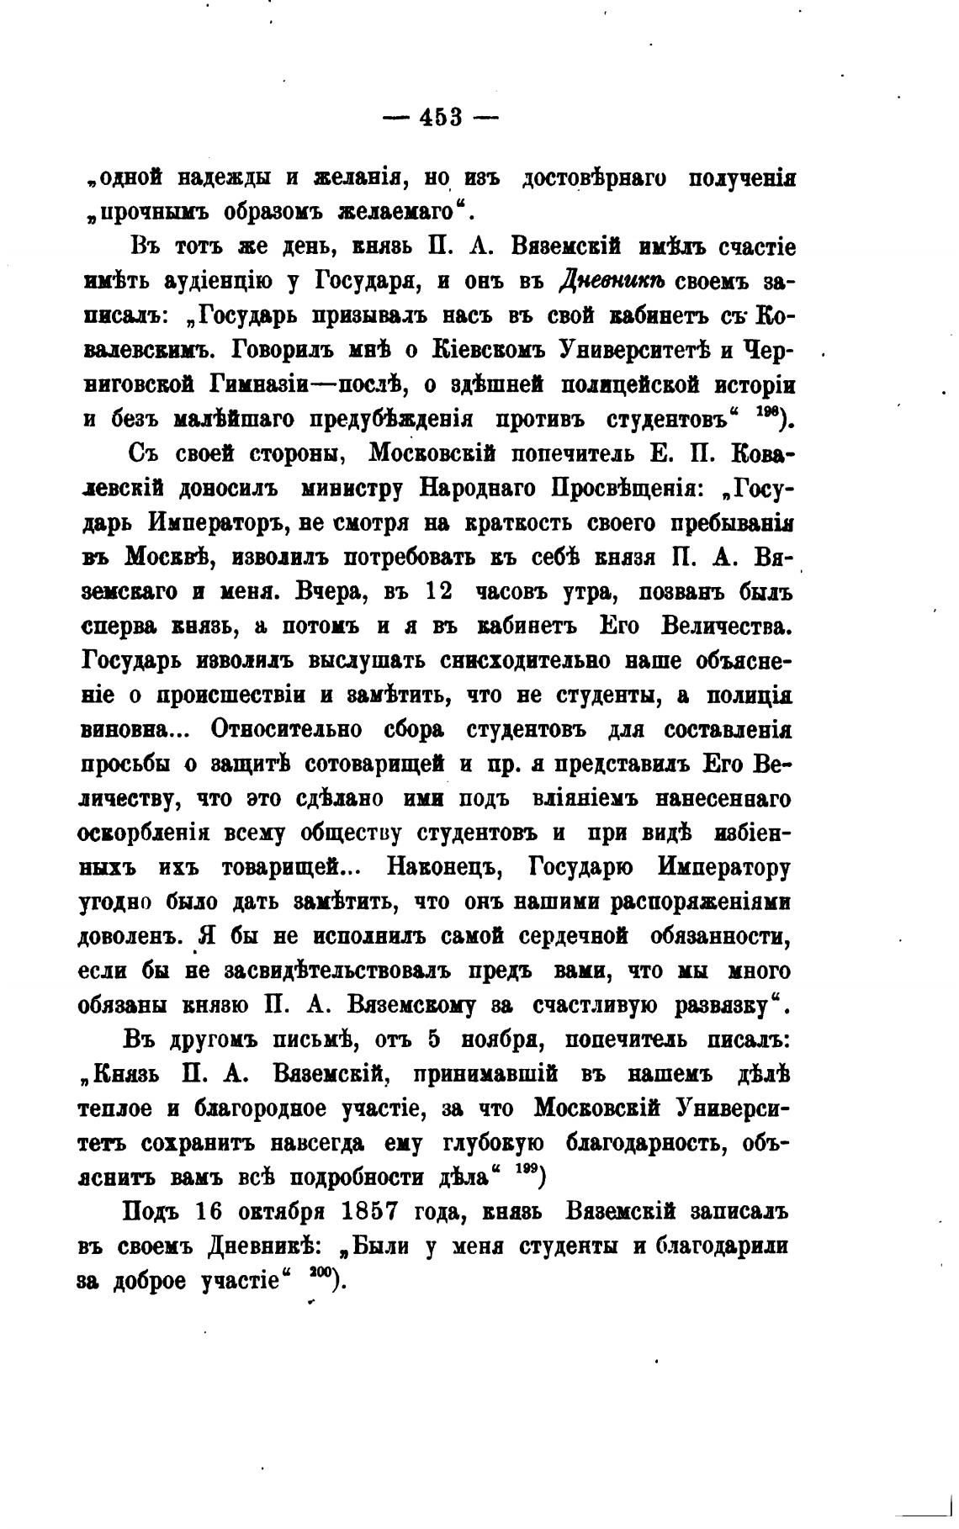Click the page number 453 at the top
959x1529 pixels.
point(441,117)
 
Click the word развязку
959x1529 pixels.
point(725,1005)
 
